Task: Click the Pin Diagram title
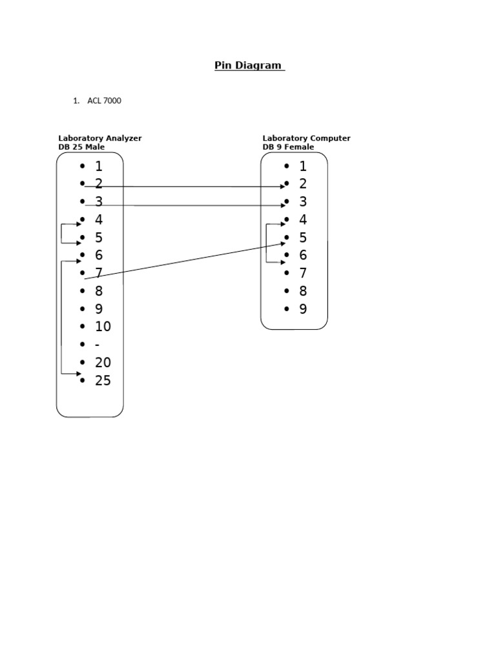pos(249,65)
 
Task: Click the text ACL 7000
pos(104,101)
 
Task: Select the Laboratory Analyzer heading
pos(100,138)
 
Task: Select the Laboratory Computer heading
pos(306,138)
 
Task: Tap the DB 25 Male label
pos(81,147)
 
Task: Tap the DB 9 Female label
pos(288,147)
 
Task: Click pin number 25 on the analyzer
pos(103,381)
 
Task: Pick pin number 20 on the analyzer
pos(103,363)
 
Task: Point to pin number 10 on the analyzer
pos(103,327)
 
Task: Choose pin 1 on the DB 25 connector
pos(99,167)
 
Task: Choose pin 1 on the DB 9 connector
pos(303,167)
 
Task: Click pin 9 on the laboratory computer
pos(303,309)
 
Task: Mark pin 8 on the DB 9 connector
pos(303,291)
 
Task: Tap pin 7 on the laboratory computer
pos(303,273)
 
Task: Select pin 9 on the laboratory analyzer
pos(99,309)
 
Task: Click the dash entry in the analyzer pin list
pos(97,345)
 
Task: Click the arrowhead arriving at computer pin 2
pos(282,187)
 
